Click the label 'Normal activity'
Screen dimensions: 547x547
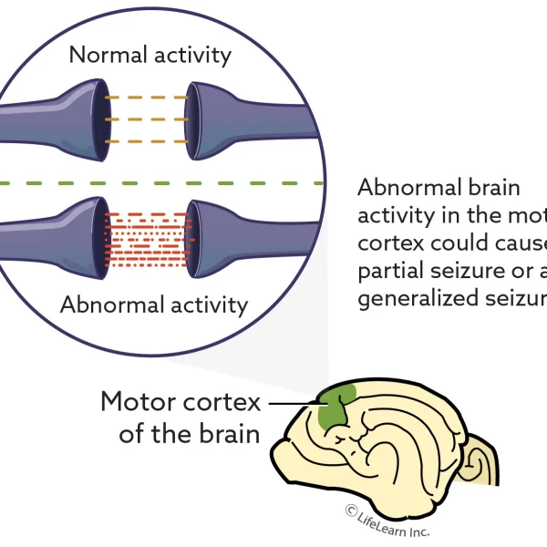click(x=150, y=55)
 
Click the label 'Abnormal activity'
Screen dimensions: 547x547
click(x=154, y=304)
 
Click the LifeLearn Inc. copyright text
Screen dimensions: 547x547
click(x=387, y=522)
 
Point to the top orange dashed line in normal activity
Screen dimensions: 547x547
click(x=147, y=97)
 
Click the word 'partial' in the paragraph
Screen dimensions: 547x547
click(x=389, y=272)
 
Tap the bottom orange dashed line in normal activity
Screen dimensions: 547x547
click(x=147, y=141)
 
